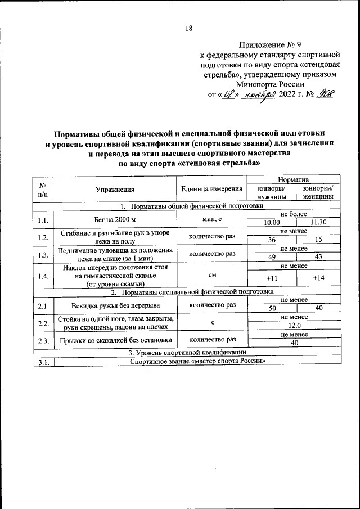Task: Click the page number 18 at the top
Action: (x=189, y=29)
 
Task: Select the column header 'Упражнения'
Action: (x=115, y=190)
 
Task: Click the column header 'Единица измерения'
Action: (x=212, y=190)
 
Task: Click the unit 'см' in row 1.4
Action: (x=212, y=276)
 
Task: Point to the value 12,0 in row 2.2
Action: (x=295, y=325)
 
